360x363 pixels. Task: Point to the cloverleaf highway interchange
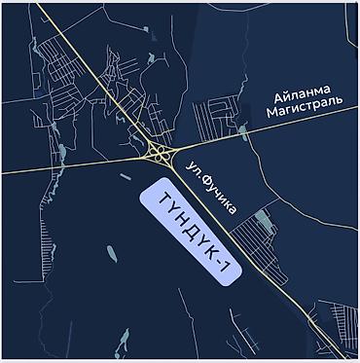pyautogui.click(x=157, y=154)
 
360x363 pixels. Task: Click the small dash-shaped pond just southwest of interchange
pyautogui.click(x=128, y=175)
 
